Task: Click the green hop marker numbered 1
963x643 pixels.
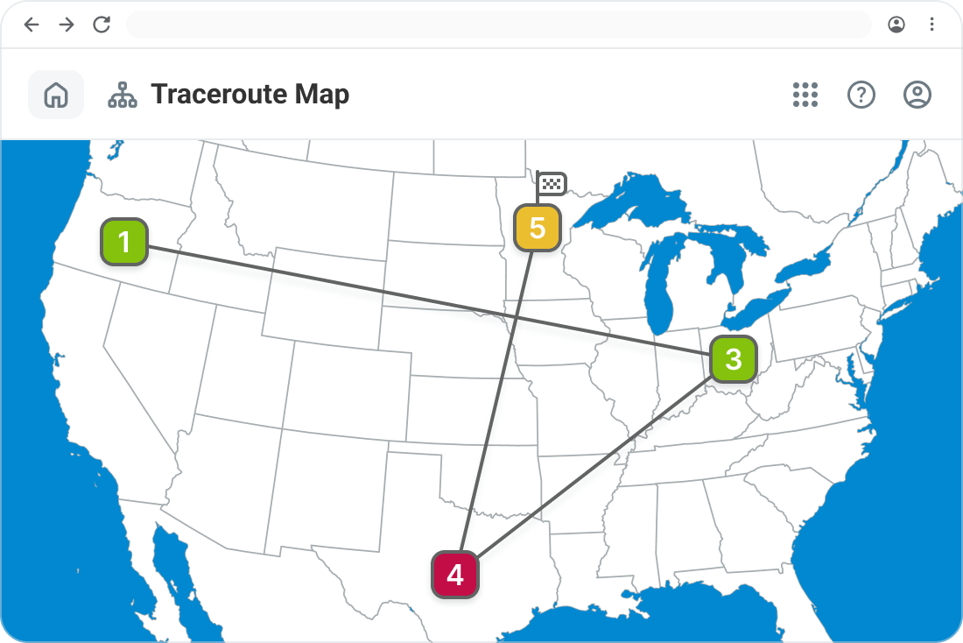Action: point(123,242)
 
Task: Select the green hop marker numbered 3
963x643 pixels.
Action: point(733,358)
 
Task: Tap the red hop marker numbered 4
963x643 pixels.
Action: point(455,575)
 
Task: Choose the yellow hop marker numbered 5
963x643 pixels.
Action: point(537,228)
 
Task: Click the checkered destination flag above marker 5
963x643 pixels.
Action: point(552,183)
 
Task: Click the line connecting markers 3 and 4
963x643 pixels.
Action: point(595,466)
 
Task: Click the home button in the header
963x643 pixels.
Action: point(56,95)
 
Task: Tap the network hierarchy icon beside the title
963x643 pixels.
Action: point(123,95)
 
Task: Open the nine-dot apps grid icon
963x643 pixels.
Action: point(805,95)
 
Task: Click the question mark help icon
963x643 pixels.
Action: point(861,95)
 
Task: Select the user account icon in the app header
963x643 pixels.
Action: point(917,95)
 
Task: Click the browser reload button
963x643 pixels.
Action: point(102,25)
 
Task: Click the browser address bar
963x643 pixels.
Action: point(499,25)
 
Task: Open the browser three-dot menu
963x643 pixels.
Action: point(931,25)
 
